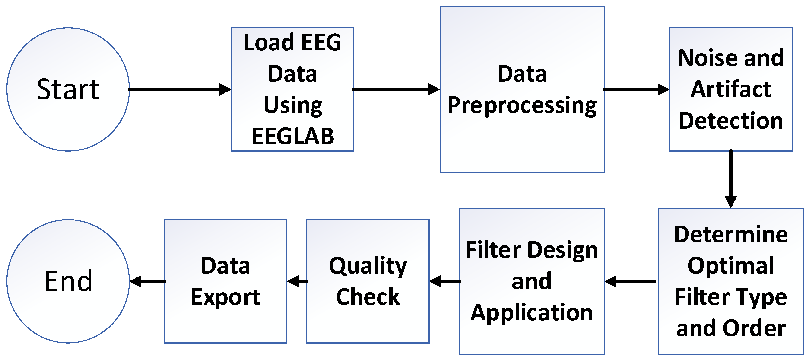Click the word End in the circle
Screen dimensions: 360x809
coord(68,281)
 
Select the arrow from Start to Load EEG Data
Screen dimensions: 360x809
coord(179,89)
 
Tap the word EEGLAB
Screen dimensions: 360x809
coord(293,137)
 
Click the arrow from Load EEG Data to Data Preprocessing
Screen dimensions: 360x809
coord(396,89)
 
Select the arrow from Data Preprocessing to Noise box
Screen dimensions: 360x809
coord(636,89)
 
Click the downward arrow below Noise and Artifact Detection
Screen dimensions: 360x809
coord(731,179)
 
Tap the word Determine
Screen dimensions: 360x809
coord(731,234)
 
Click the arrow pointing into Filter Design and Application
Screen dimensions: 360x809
coord(630,281)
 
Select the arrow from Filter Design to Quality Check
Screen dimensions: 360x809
coord(444,281)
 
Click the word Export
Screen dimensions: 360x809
coord(225,297)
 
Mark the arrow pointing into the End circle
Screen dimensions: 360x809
coord(147,281)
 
